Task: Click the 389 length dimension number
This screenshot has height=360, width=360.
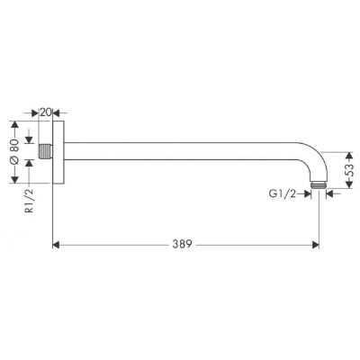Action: pos(182,245)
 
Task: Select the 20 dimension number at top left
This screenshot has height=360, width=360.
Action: pos(46,112)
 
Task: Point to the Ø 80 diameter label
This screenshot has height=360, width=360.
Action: pos(15,152)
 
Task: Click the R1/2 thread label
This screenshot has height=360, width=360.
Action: pos(30,202)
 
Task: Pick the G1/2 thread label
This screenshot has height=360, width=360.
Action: pos(283,194)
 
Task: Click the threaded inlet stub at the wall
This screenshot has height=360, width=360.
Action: pos(46,151)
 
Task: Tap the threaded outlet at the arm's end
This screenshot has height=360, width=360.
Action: pos(318,185)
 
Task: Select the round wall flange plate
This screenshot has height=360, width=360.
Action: pos(58,152)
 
